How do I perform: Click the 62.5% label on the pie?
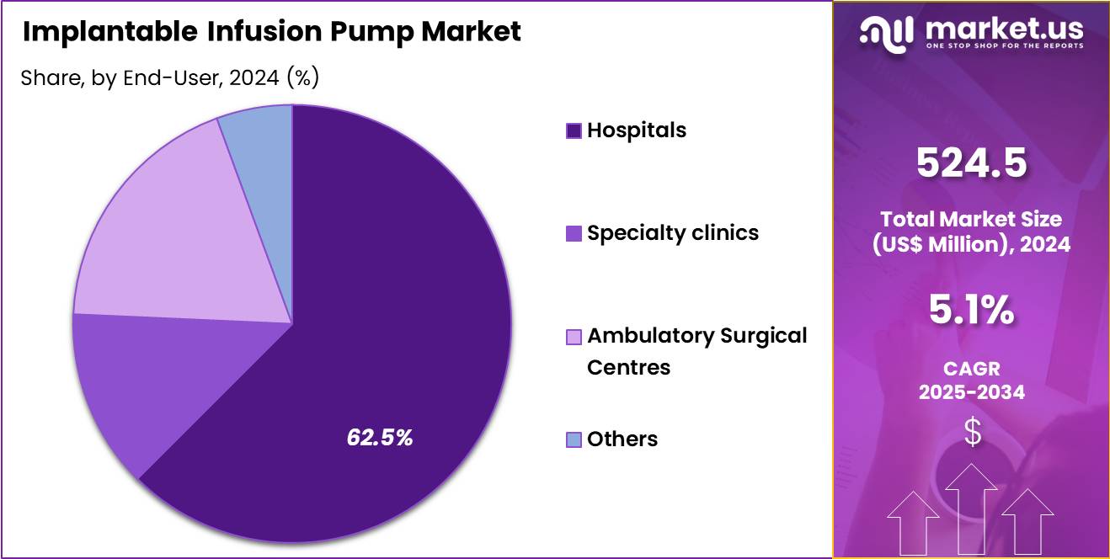380,437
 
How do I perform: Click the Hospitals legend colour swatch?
574,130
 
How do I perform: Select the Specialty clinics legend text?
672,233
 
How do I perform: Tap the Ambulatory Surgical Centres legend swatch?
574,337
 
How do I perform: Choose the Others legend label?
622,439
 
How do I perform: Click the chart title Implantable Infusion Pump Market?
271,32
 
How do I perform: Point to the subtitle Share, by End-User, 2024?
168,77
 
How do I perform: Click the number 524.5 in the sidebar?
971,162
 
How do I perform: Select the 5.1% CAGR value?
971,311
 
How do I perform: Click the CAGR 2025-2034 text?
971,381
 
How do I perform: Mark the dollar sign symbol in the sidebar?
972,433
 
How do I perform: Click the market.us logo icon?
886,32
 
